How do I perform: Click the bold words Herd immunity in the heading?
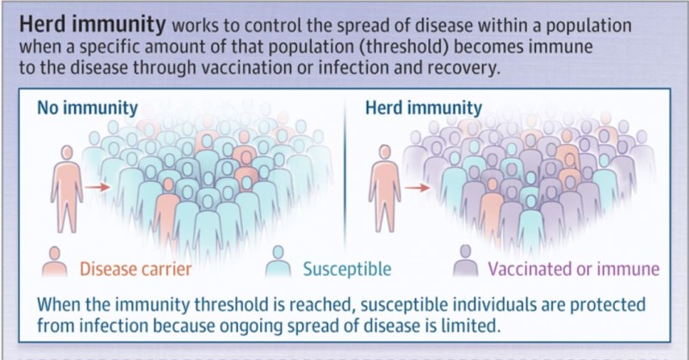[x=92, y=25]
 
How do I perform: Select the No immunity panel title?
[x=88, y=108]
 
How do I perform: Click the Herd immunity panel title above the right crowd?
[x=424, y=108]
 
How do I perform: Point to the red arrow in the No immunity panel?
[x=97, y=187]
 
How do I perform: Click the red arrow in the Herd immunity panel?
[x=417, y=188]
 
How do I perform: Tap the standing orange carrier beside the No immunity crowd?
[x=67, y=189]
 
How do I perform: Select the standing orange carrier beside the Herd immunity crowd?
[x=385, y=189]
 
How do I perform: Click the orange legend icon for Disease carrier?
[x=54, y=262]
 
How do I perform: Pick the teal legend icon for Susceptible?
[x=278, y=261]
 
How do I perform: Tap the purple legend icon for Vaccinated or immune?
[x=465, y=261]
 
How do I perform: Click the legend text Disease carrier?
[x=136, y=269]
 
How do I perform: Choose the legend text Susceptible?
[x=347, y=269]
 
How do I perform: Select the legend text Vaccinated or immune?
[x=574, y=269]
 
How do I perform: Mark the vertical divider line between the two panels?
[x=345, y=176]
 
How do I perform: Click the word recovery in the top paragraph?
[x=463, y=68]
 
